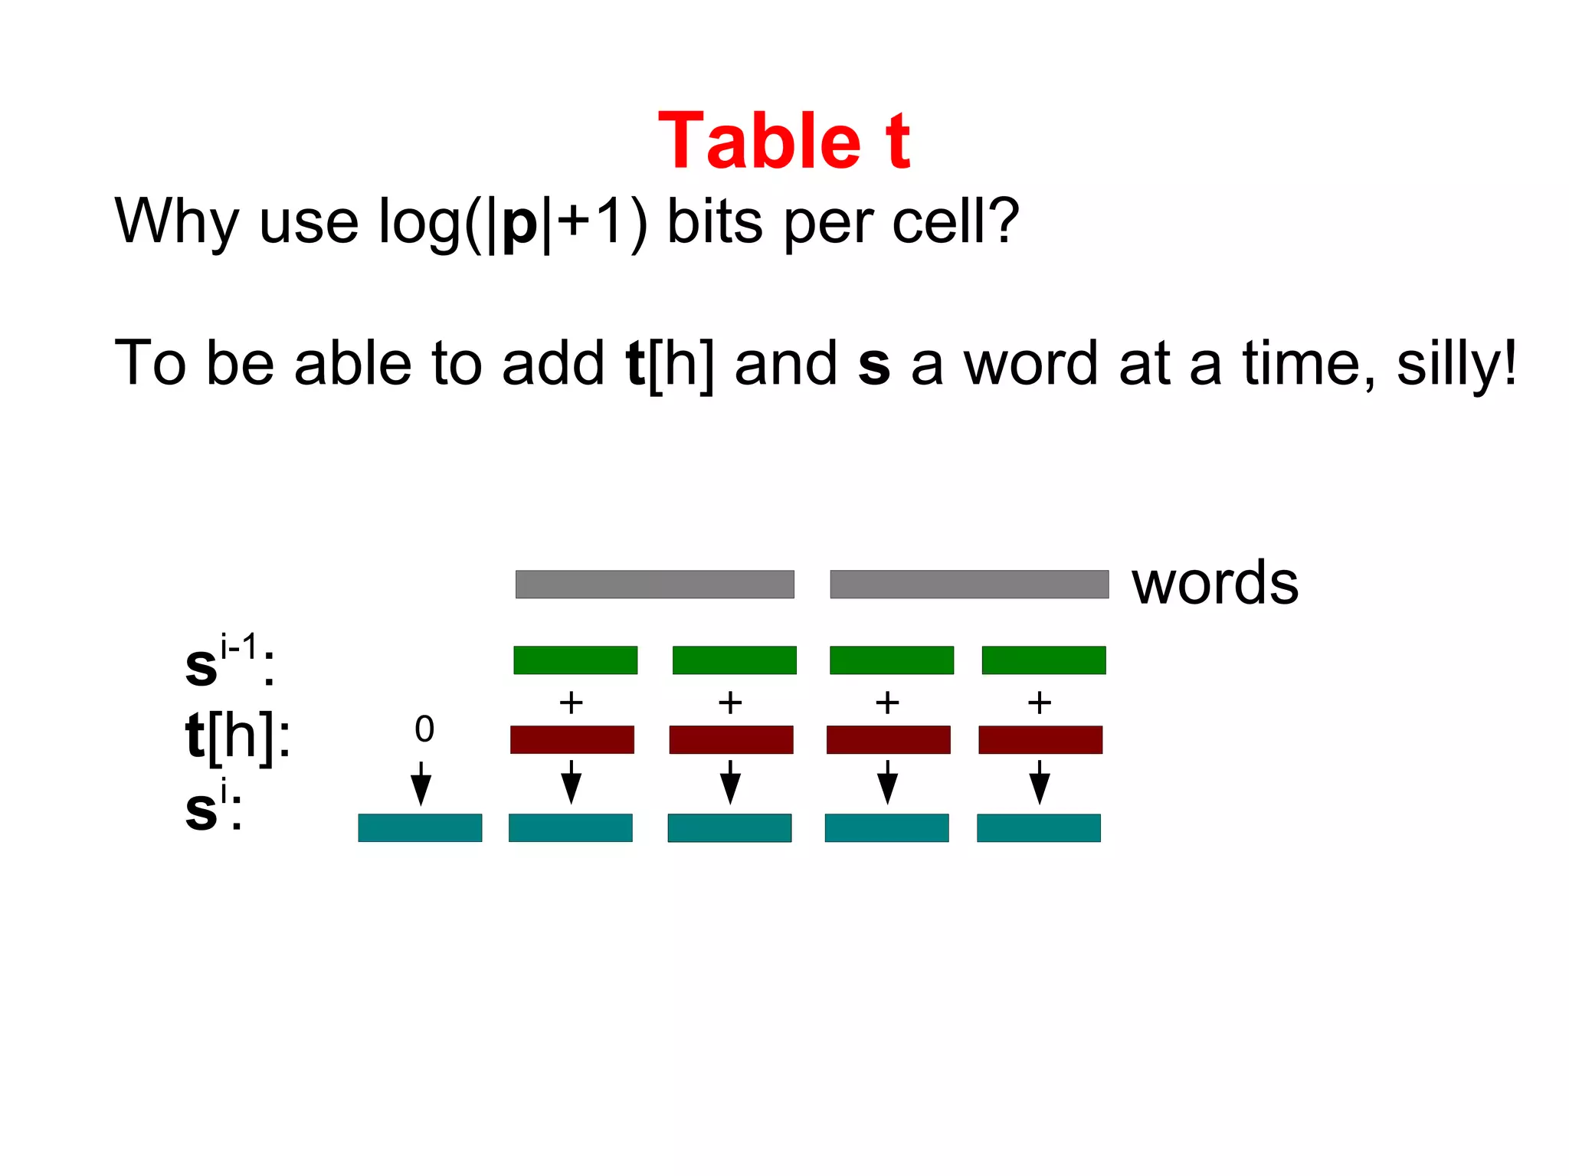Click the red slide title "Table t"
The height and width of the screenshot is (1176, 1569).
784,141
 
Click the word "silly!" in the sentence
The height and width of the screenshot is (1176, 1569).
1456,365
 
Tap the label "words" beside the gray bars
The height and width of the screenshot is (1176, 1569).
1215,583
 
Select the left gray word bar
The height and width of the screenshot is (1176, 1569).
654,584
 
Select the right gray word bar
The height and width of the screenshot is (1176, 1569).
969,584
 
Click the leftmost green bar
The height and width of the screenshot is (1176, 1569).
575,660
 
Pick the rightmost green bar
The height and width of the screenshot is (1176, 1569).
1043,660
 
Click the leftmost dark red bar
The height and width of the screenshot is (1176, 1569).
572,739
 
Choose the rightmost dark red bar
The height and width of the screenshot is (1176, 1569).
1040,739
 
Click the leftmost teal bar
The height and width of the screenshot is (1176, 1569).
420,827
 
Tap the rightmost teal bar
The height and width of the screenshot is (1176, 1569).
1039,827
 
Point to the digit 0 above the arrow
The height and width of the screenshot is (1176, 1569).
424,729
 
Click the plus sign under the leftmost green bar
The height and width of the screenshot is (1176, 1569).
571,703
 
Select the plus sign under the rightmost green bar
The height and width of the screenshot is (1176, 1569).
1040,703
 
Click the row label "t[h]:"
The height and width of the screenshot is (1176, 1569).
238,736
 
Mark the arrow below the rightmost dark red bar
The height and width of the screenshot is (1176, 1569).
1040,784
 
